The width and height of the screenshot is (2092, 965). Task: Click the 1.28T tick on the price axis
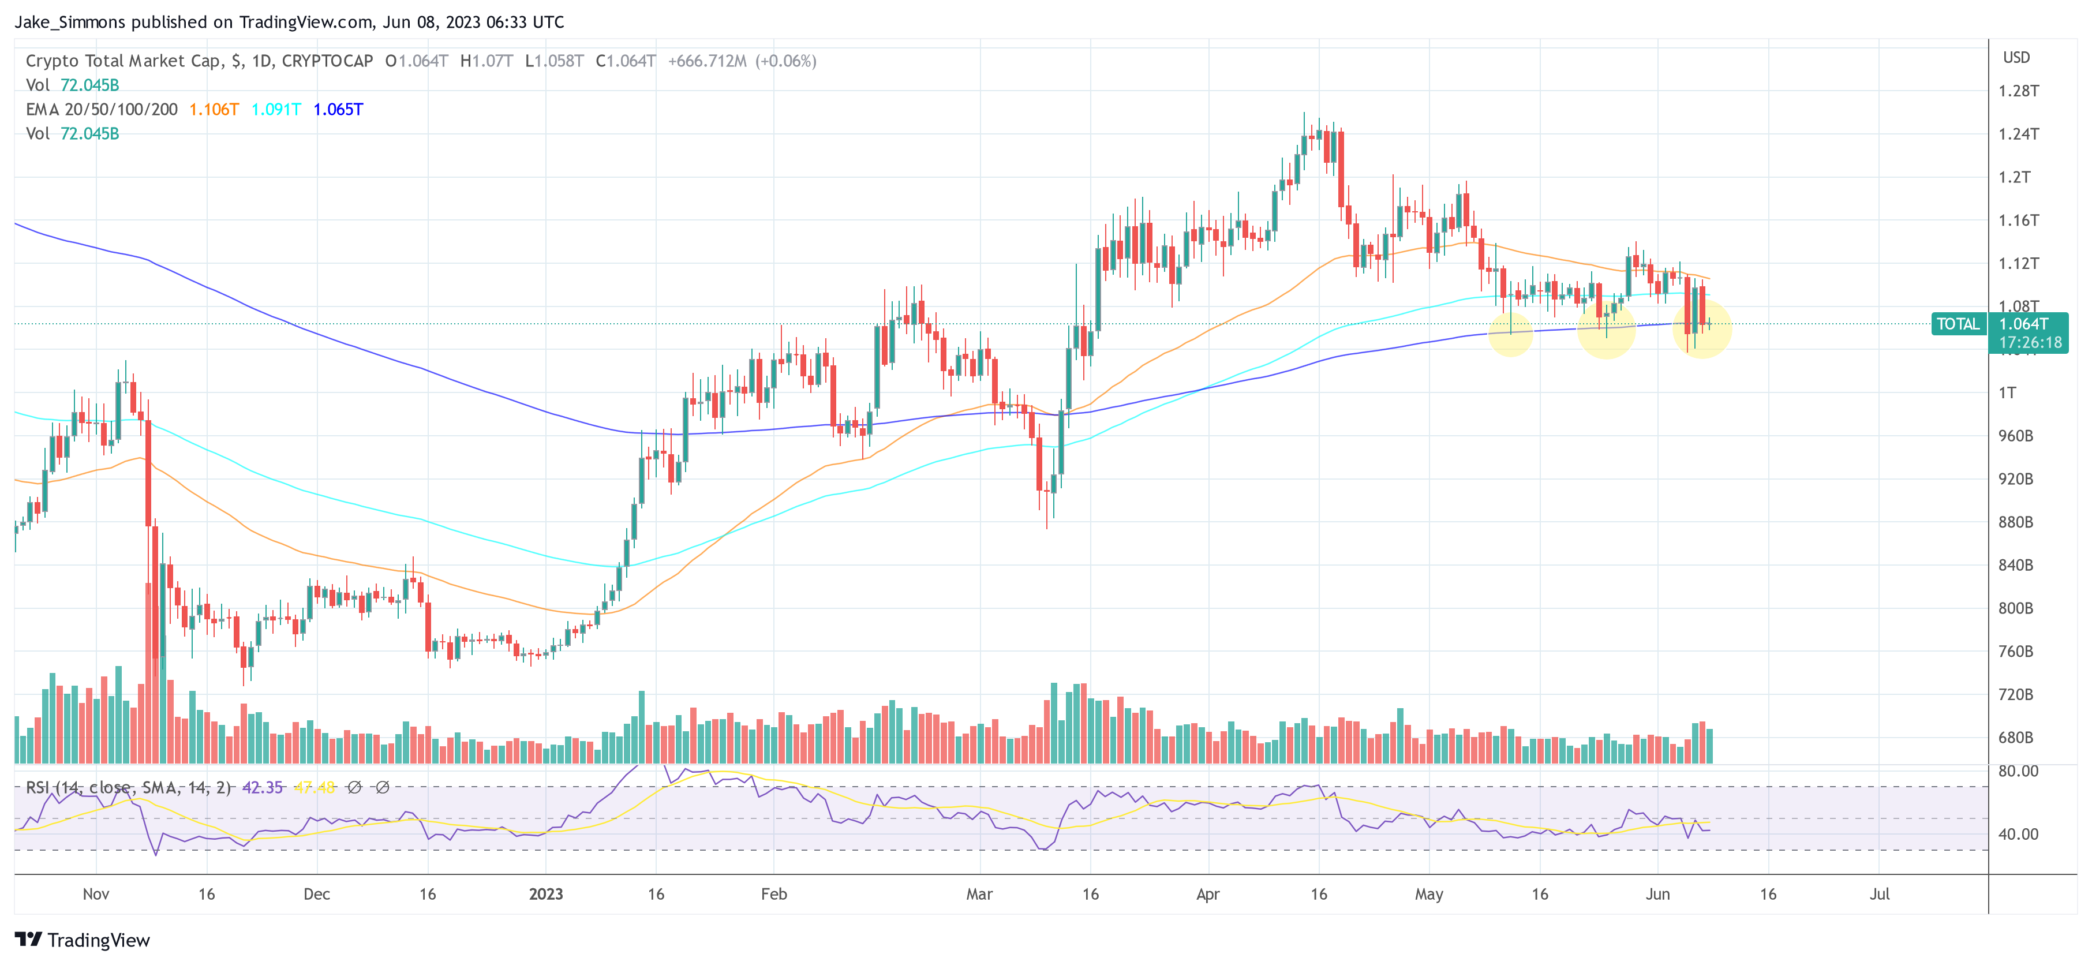[x=2018, y=91]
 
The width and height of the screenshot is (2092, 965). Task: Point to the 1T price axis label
[x=2008, y=393]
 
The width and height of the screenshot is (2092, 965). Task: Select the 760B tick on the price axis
[x=2016, y=652]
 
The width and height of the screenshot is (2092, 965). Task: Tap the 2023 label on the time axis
[x=546, y=895]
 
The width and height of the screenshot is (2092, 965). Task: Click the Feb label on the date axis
[x=773, y=895]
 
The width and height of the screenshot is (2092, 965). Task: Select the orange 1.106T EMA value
[x=214, y=110]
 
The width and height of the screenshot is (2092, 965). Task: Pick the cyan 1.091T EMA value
[x=276, y=110]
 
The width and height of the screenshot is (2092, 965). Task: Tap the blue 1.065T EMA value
[x=338, y=110]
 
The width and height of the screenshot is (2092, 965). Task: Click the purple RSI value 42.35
[x=263, y=788]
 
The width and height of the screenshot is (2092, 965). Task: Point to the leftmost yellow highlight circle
[x=1510, y=334]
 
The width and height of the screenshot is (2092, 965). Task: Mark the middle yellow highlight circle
[x=1606, y=330]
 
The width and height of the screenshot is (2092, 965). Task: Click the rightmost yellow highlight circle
[x=1702, y=329]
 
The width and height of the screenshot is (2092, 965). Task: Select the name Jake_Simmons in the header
[x=70, y=22]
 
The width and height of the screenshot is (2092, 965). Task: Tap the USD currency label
[x=2016, y=58]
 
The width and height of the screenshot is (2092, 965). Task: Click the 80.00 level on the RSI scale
[x=2018, y=771]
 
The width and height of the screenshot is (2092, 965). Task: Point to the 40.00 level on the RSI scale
[x=2018, y=834]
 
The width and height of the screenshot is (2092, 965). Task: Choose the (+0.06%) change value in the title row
[x=785, y=61]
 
